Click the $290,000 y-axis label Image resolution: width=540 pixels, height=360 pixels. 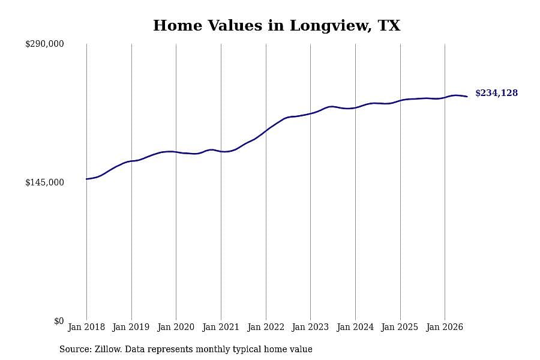point(44,44)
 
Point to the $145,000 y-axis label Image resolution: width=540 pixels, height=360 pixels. point(44,182)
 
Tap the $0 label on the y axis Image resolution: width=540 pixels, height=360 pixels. point(59,321)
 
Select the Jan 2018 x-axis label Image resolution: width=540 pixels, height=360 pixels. point(86,327)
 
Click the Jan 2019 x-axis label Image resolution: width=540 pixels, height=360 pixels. point(131,327)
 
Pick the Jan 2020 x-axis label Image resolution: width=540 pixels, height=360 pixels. point(176,327)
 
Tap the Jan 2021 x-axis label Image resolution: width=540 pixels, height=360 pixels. point(220,327)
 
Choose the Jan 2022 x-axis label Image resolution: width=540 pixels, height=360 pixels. point(266,327)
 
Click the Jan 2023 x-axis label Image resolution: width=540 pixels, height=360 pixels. point(310,327)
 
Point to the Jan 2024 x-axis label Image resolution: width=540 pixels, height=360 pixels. point(355,327)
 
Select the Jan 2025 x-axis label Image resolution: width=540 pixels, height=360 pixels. point(400,327)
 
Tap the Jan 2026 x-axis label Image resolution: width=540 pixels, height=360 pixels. point(445,327)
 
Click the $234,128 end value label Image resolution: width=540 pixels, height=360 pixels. point(497,93)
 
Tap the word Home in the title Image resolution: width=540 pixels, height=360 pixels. point(178,25)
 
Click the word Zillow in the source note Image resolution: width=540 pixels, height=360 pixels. point(107,349)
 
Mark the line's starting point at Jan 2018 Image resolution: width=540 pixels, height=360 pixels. point(86,179)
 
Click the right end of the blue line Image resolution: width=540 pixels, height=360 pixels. point(467,97)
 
